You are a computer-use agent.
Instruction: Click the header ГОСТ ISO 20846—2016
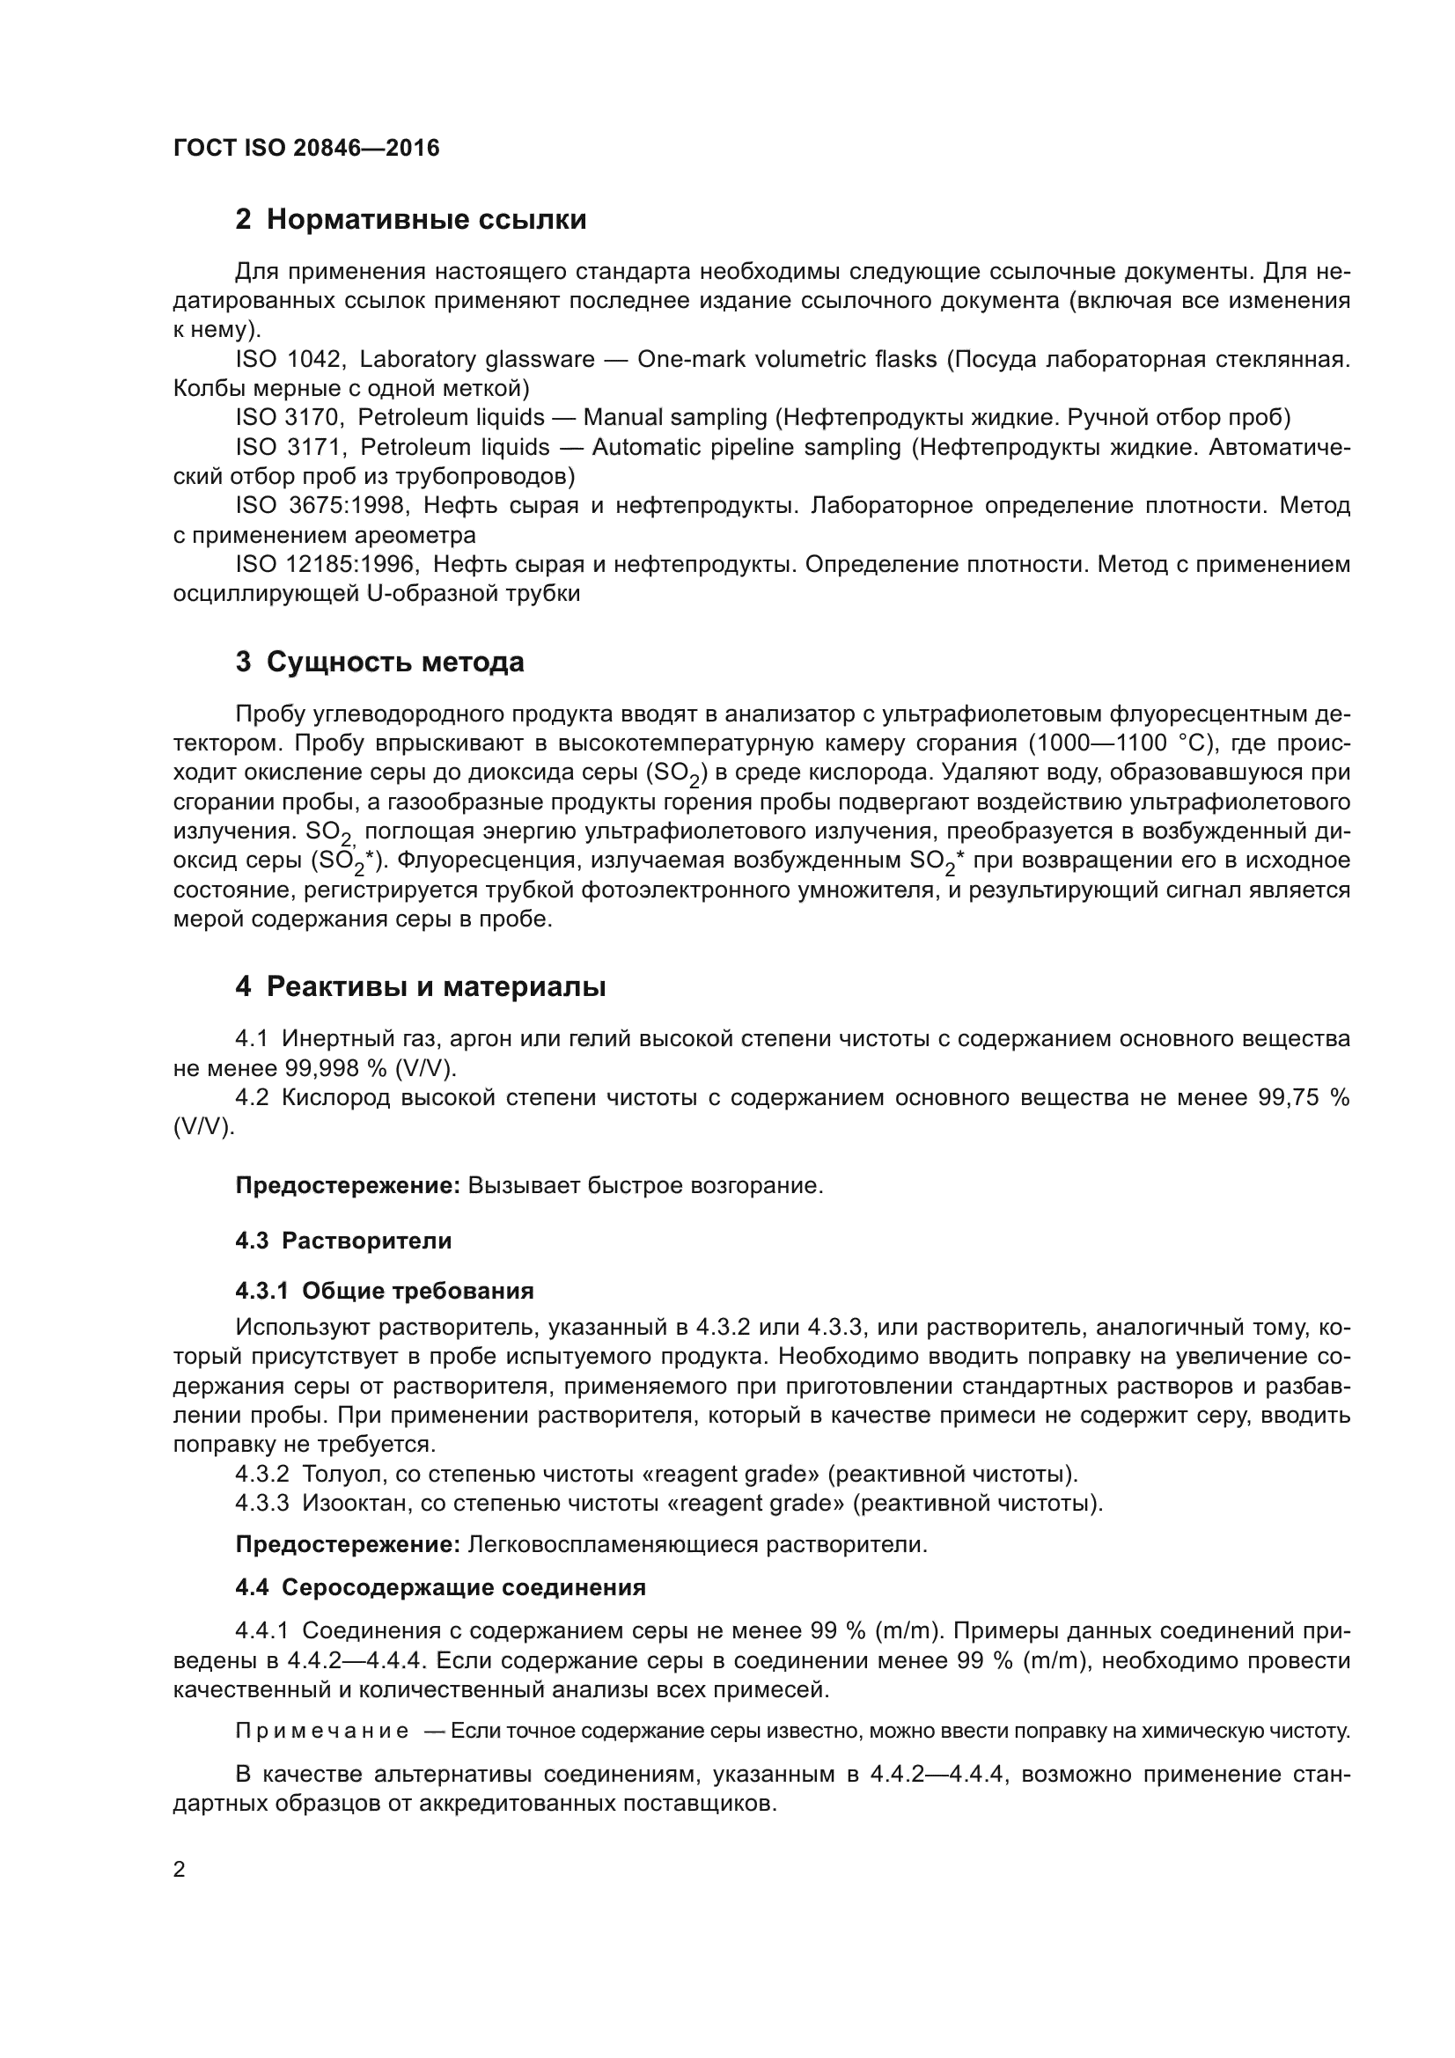coord(305,148)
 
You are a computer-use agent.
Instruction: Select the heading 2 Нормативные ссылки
coord(410,220)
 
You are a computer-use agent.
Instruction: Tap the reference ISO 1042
coord(289,360)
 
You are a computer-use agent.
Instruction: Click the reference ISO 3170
coord(289,418)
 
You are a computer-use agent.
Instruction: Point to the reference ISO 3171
coord(289,447)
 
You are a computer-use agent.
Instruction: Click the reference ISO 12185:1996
coord(327,565)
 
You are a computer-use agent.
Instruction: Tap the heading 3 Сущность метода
coord(379,663)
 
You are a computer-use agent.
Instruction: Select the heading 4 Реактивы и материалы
coord(421,987)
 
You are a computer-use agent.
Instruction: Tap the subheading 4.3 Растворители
coord(343,1241)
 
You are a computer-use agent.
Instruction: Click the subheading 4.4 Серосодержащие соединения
coord(440,1587)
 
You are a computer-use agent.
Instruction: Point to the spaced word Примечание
coord(322,1731)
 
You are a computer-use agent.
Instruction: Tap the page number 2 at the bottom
coord(179,1870)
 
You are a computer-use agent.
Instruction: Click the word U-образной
coord(434,593)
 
